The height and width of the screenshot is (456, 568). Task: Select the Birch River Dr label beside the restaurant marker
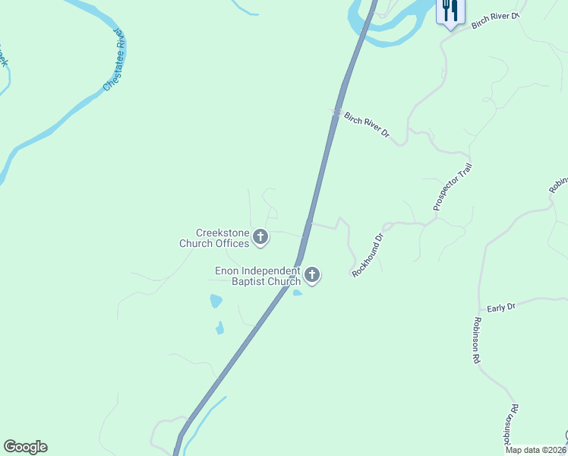494,21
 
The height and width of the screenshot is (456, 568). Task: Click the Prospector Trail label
453,187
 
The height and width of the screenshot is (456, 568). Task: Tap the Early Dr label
501,308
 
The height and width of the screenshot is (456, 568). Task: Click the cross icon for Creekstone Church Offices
260,238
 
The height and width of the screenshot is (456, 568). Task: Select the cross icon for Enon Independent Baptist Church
311,275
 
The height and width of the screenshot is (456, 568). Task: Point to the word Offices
231,244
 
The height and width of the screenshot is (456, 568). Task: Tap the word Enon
227,271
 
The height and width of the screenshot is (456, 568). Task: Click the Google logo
25,447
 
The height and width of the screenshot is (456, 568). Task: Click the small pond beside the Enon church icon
297,293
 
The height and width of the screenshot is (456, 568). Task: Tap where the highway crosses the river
367,23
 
